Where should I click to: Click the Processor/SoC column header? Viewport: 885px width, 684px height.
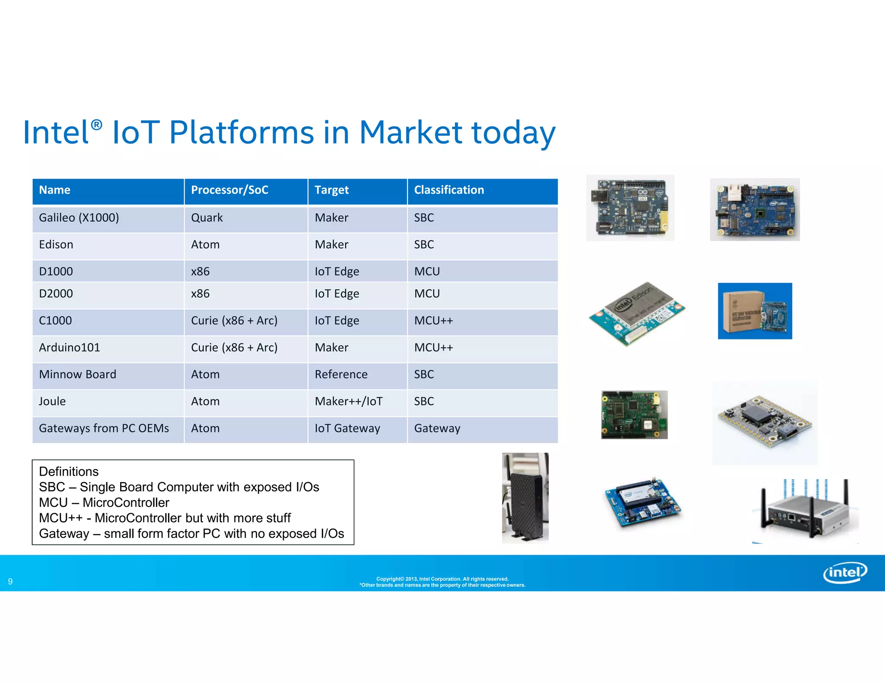(229, 190)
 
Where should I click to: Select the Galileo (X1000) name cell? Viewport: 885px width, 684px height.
(79, 217)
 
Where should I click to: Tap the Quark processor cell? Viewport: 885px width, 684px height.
(207, 217)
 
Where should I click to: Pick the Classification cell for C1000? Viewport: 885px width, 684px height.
(433, 321)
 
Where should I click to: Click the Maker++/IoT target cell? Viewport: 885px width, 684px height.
(348, 401)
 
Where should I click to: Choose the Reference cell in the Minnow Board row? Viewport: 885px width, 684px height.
(341, 374)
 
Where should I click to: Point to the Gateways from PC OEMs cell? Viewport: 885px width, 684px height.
(104, 428)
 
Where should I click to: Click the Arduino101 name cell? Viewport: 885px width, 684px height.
(70, 348)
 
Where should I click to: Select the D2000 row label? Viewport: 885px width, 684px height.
(56, 294)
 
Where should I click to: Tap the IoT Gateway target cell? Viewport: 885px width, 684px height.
(347, 428)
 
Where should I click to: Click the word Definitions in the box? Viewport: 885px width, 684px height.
(69, 471)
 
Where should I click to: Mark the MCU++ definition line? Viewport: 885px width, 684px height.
(165, 518)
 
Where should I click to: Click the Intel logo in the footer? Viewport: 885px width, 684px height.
(845, 572)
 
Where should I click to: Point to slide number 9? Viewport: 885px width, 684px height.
(10, 582)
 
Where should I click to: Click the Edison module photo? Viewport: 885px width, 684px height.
(637, 313)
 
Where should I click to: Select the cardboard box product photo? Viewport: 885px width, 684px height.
(754, 311)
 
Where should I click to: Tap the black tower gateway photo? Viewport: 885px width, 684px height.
(525, 498)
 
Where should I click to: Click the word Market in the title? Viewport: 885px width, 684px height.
(411, 132)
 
